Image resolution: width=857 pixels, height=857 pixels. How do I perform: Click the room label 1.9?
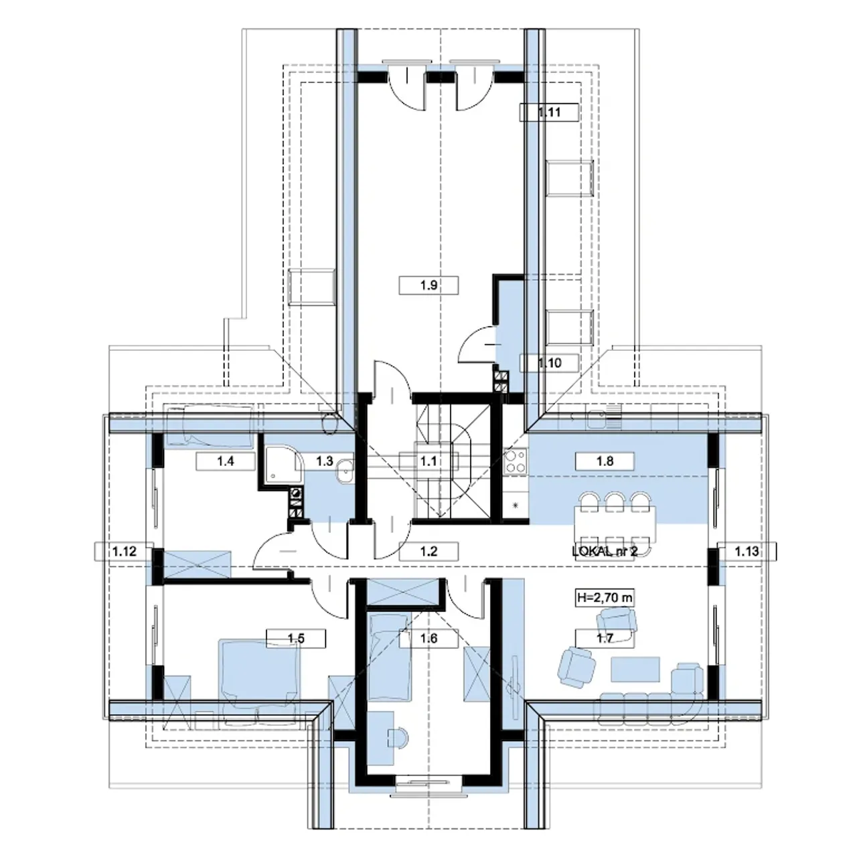tap(428, 285)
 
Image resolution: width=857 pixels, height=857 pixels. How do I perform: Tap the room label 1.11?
tap(549, 112)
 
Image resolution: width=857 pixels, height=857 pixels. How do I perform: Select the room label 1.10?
tap(549, 363)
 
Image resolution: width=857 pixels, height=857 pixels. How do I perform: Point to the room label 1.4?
tap(226, 461)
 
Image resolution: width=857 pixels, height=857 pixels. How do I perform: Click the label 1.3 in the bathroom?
tap(325, 461)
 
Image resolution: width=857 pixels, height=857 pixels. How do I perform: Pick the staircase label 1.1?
tap(428, 461)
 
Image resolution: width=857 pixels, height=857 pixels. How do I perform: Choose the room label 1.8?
tap(605, 461)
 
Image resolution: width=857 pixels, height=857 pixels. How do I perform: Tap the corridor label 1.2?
tap(428, 552)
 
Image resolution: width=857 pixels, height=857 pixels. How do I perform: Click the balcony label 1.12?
tap(124, 552)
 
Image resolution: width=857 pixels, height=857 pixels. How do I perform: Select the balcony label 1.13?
tap(747, 552)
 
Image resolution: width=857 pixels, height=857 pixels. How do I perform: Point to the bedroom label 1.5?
tap(296, 639)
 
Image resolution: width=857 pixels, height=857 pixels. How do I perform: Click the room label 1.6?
tap(428, 639)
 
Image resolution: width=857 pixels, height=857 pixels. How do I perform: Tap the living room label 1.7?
tap(605, 639)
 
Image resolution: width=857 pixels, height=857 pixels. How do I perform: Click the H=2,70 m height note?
tap(605, 598)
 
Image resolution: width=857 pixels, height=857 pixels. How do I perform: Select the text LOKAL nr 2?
tap(605, 552)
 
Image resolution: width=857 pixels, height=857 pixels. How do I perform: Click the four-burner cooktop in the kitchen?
tap(516, 461)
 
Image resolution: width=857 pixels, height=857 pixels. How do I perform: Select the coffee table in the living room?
tap(635, 670)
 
